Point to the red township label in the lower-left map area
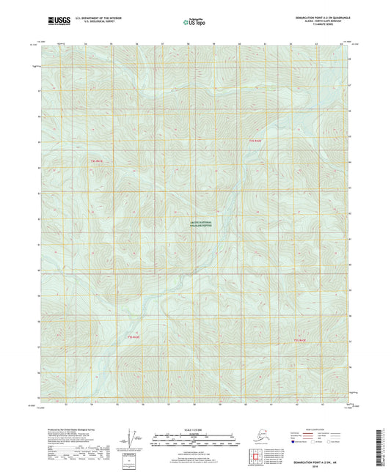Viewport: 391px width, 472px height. (133, 336)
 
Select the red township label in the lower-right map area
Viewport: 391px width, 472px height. (300, 340)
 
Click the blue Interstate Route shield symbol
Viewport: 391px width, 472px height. (295, 443)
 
